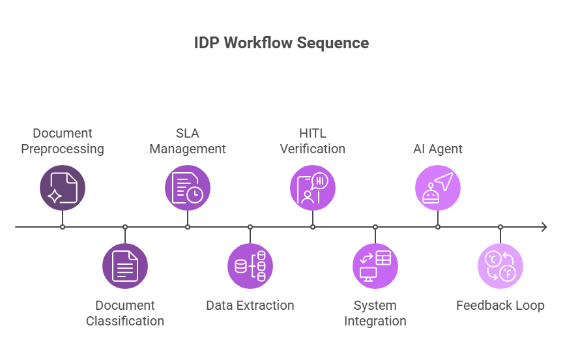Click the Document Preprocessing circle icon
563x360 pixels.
click(63, 188)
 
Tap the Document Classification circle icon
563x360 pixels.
click(125, 266)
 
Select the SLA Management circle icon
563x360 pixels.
click(188, 188)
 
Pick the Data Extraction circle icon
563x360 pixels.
click(250, 266)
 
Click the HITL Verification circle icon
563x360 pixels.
click(313, 188)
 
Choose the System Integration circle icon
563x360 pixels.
click(375, 266)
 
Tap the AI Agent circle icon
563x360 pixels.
click(438, 188)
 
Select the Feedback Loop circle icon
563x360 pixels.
click(500, 266)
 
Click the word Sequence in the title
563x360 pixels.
click(333, 43)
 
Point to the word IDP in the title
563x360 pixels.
click(207, 43)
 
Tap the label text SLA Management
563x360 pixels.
click(188, 142)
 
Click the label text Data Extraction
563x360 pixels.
click(250, 305)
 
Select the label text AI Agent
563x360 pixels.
click(438, 149)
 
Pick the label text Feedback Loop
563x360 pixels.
click(500, 305)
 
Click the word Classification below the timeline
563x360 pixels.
click(125, 321)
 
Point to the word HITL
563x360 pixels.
click(313, 133)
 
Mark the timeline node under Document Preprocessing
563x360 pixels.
click(63, 227)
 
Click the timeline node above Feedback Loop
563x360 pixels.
click(500, 227)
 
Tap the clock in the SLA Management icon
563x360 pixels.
click(195, 195)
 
